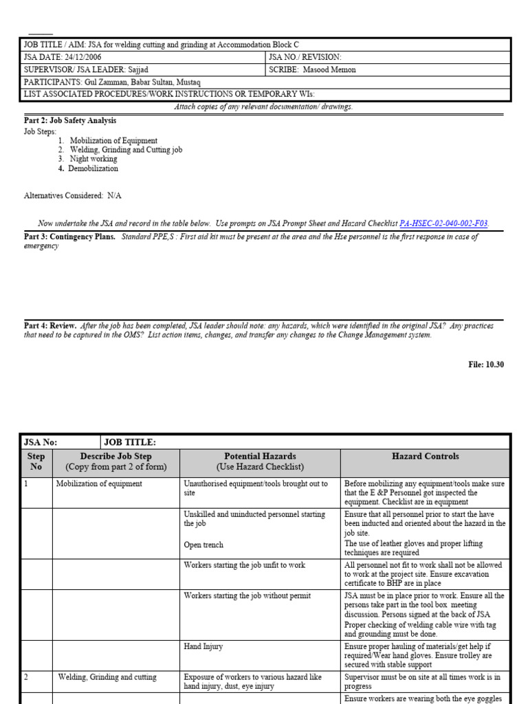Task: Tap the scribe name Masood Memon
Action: point(330,69)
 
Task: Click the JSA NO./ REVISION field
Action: point(305,57)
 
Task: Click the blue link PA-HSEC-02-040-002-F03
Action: point(444,223)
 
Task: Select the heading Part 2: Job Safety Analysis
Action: point(70,120)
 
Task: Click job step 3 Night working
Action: point(93,159)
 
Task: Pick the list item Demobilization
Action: point(93,168)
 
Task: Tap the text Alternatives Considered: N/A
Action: point(73,196)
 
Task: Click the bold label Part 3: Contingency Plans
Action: point(69,236)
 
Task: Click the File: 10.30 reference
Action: point(486,364)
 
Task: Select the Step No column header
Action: point(36,461)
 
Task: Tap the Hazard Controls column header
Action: point(425,456)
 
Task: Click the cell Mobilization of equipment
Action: point(99,484)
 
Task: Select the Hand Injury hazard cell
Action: point(203,647)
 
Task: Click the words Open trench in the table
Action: point(203,545)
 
